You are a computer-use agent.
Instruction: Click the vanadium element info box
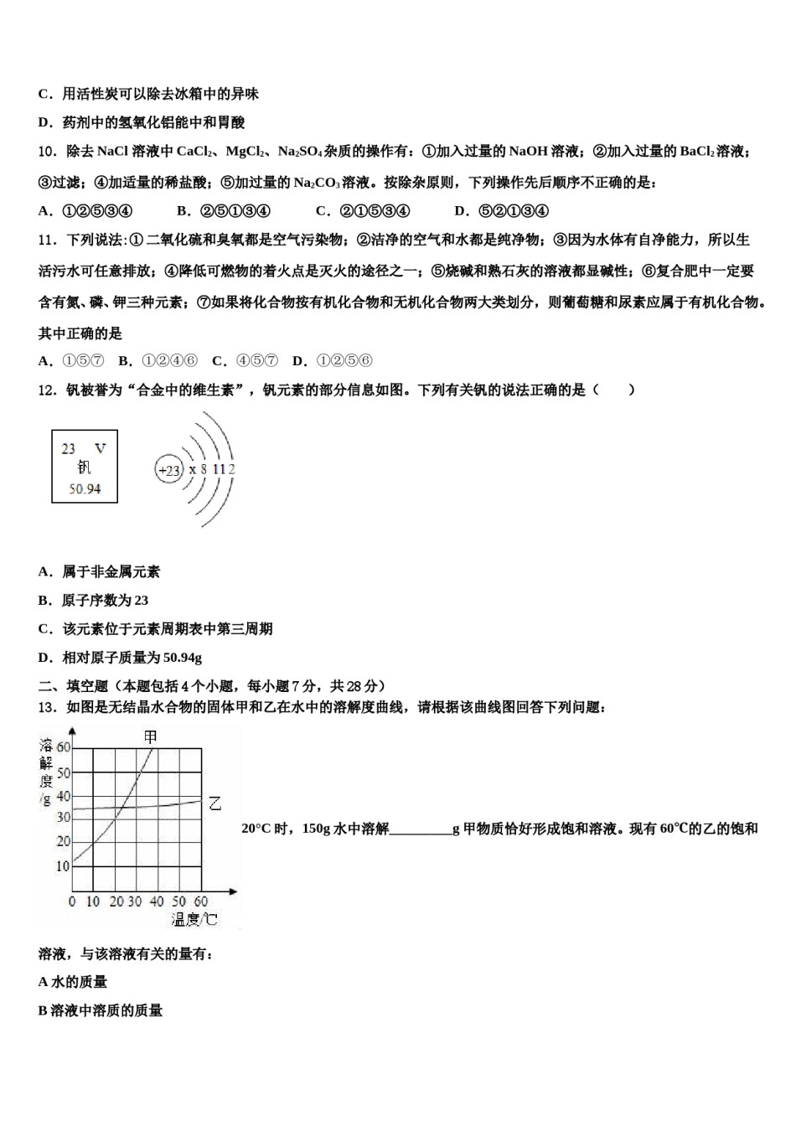click(85, 467)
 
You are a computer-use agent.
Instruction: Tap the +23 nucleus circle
click(169, 470)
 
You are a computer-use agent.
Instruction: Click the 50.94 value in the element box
click(85, 488)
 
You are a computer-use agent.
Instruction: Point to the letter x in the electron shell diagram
click(192, 470)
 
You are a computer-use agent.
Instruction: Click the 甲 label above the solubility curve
click(150, 737)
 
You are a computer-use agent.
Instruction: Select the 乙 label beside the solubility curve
click(215, 803)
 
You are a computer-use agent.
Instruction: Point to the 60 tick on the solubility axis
click(64, 747)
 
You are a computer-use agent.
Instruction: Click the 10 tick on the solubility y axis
click(63, 866)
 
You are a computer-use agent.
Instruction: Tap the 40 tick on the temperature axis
click(157, 901)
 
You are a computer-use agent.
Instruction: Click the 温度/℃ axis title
click(194, 920)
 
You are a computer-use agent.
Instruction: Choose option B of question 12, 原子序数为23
click(93, 601)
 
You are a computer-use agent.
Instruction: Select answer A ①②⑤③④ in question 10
click(85, 211)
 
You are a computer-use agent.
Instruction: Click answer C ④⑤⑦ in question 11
click(245, 361)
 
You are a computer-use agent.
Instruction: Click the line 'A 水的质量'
click(73, 982)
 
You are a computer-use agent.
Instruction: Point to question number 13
click(47, 708)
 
